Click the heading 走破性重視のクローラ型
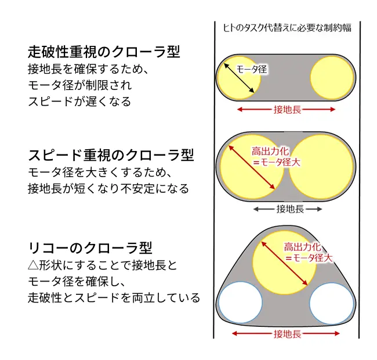[104, 52]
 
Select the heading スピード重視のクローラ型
[111, 154]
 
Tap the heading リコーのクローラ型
[90, 247]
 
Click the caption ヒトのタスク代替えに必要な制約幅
[287, 28]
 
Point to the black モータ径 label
[252, 69]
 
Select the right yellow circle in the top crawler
[332, 77]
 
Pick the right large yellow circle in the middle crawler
[321, 167]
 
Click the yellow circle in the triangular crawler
[285, 263]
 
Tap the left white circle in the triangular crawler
[240, 303]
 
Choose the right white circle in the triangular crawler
[331, 303]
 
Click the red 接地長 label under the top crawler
[287, 110]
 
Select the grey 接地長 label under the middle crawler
[290, 209]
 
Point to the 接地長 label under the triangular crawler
[287, 334]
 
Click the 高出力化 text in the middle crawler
[270, 152]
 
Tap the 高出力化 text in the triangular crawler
[302, 247]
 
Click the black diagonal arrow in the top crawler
[239, 78]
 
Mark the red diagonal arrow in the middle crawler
[252, 167]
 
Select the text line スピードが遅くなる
[79, 101]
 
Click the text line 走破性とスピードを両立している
[114, 298]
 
